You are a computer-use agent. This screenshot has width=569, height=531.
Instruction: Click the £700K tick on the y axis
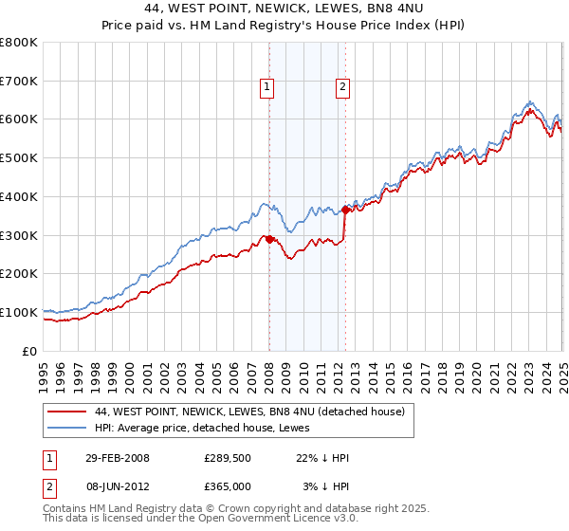(20, 81)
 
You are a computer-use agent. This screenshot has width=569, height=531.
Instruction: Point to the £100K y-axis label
(20, 312)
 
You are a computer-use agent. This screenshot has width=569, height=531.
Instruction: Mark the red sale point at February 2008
(269, 239)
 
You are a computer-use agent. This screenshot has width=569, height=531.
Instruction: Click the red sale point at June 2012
(345, 211)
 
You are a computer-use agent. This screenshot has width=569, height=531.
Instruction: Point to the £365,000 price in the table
(227, 485)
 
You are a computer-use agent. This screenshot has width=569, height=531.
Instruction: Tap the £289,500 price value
(227, 458)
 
